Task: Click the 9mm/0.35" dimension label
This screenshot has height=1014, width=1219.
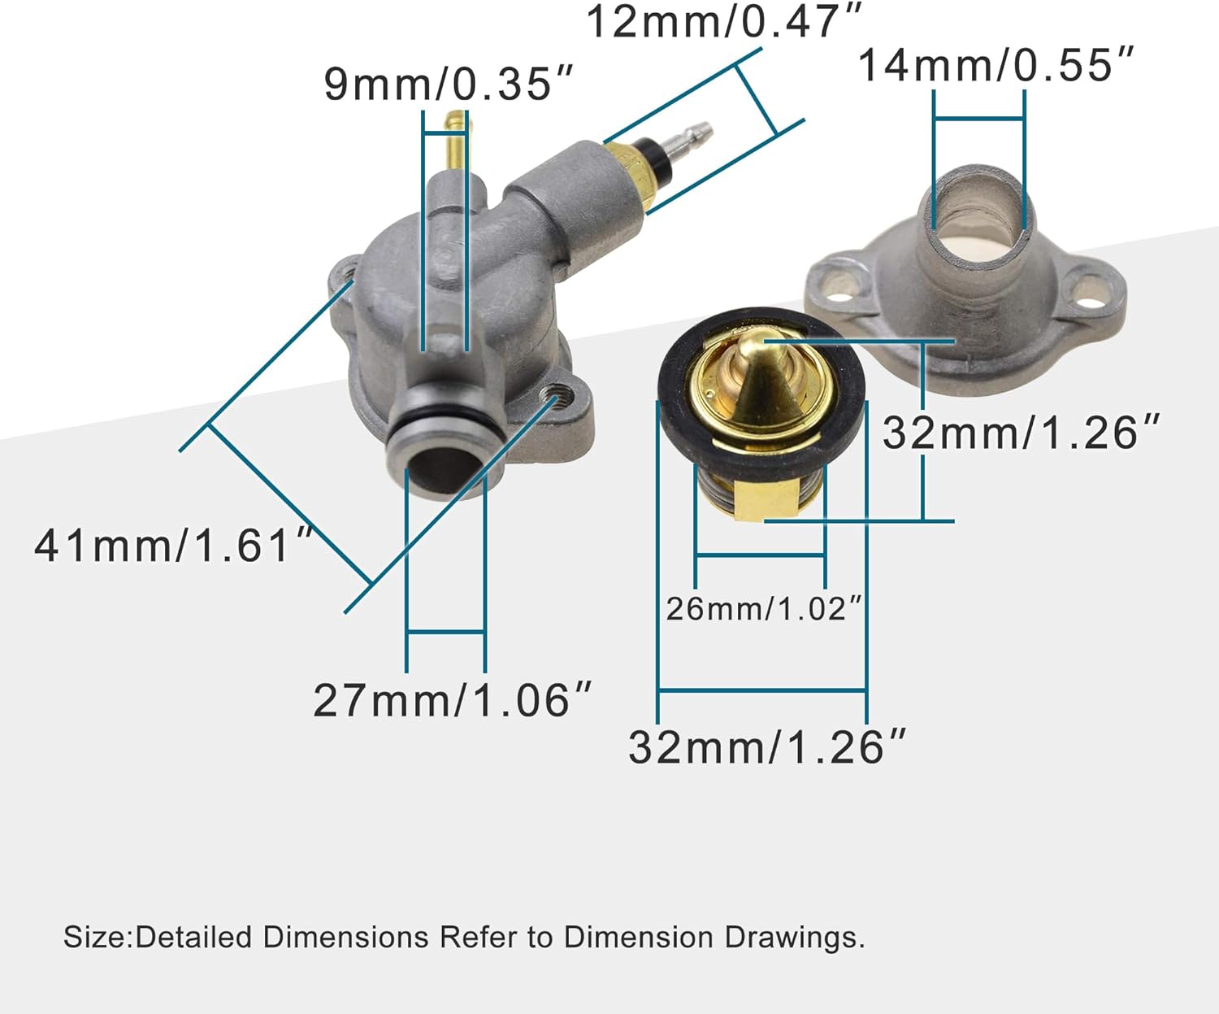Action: [448, 84]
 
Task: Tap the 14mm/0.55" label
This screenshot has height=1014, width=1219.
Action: [996, 65]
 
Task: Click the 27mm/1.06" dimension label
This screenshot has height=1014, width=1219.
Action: [452, 700]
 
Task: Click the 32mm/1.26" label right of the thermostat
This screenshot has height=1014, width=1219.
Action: [1021, 432]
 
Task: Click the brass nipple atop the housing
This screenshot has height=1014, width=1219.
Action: [457, 138]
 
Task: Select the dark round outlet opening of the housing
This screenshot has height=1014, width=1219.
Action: [440, 472]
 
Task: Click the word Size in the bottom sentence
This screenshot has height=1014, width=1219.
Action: [96, 937]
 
